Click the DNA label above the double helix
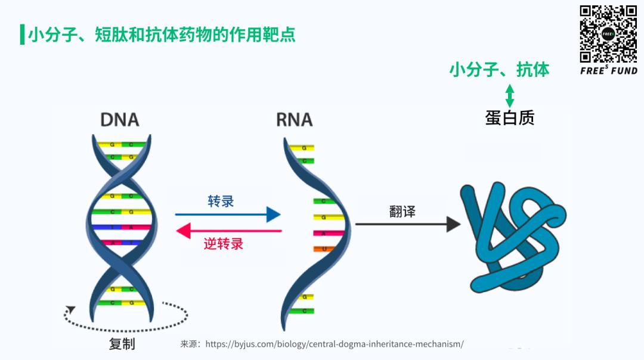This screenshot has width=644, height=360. (119, 119)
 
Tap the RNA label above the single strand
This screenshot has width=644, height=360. (295, 119)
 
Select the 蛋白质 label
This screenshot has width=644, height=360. (509, 118)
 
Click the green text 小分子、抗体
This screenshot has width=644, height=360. (499, 70)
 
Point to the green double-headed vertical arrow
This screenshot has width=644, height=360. (509, 95)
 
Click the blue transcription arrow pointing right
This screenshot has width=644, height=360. (227, 215)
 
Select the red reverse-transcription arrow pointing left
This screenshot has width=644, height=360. (229, 230)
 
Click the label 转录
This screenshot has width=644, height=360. (221, 201)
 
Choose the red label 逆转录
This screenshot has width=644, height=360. (224, 244)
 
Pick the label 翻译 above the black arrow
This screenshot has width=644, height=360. (402, 211)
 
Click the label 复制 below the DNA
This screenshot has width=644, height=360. (122, 344)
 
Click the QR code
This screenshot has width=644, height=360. (608, 34)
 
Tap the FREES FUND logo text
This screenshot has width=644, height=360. (608, 70)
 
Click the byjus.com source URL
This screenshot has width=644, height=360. (335, 344)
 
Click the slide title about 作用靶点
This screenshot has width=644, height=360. (162, 35)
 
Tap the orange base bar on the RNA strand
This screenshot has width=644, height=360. (322, 249)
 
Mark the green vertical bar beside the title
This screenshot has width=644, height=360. (22, 35)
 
